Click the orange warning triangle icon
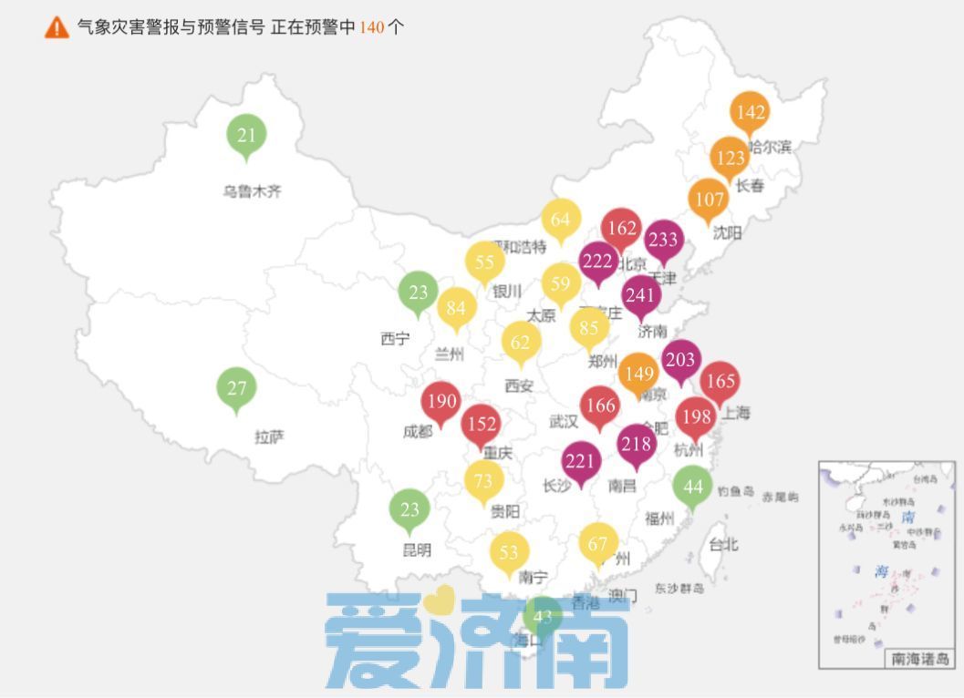(57, 27)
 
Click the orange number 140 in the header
(371, 27)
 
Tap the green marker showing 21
(246, 136)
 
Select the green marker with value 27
(237, 388)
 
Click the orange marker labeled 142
(750, 112)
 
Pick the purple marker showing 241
(641, 295)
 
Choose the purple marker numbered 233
(663, 240)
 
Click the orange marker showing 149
(638, 373)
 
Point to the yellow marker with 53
(509, 552)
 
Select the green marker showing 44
(693, 486)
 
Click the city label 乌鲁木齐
(253, 191)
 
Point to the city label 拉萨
(269, 437)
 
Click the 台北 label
(724, 544)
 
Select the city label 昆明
(417, 549)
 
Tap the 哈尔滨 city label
(770, 147)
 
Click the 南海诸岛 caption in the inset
(919, 658)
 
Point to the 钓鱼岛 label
(736, 491)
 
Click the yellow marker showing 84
(456, 308)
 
